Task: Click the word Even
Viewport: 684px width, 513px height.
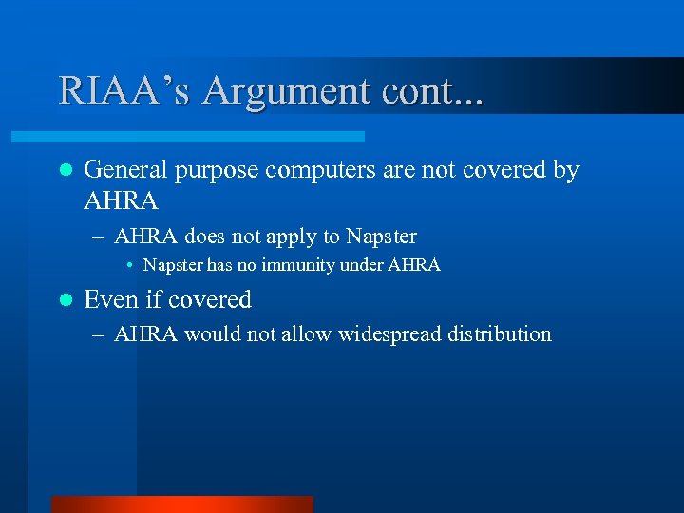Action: coord(109,299)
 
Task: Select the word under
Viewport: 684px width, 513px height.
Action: coord(357,266)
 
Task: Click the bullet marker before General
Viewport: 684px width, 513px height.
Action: coord(65,171)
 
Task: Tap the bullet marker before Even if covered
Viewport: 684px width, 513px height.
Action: coord(65,300)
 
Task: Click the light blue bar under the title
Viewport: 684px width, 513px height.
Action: coord(209,137)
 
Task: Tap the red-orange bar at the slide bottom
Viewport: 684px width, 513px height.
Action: coord(181,504)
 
